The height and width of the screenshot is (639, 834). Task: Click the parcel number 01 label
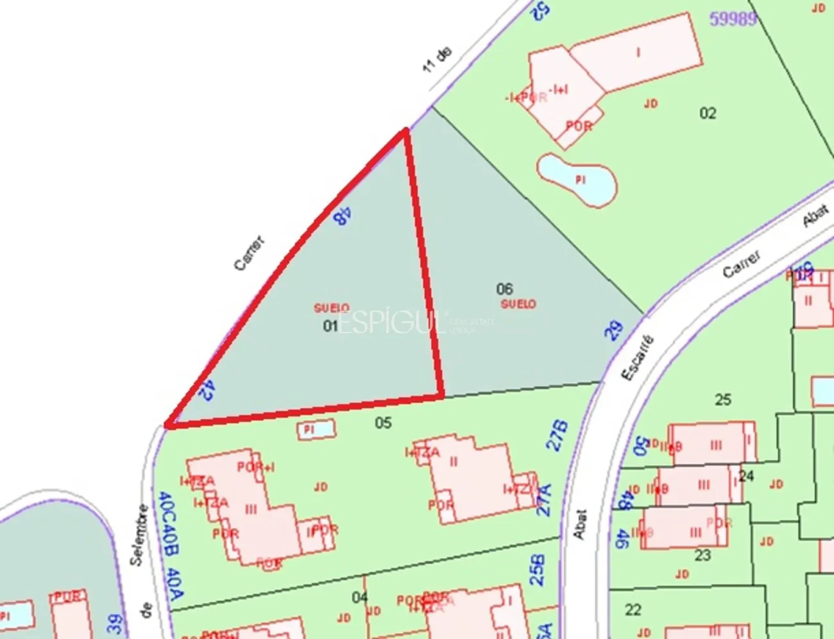[330, 326]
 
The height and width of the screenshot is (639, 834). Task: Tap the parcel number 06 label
[505, 289]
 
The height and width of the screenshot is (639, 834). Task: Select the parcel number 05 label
[383, 423]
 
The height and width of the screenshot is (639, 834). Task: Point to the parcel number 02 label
[708, 114]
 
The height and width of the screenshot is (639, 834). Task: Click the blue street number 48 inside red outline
[342, 216]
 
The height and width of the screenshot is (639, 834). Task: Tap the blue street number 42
[207, 390]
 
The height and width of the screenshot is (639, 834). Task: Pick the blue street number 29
[614, 330]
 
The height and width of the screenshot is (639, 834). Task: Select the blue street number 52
[541, 10]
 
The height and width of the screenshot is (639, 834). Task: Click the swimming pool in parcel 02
[577, 180]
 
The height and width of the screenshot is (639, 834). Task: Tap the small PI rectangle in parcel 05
[316, 429]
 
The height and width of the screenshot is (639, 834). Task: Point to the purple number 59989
[733, 19]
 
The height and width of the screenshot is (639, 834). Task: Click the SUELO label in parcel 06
[518, 304]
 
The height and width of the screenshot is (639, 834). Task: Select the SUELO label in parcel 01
[332, 309]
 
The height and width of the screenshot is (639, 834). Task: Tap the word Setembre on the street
[139, 534]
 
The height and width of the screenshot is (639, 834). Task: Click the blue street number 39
[115, 623]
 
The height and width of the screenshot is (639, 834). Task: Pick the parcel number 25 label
[723, 400]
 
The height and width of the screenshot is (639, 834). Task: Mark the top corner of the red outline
[405, 130]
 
